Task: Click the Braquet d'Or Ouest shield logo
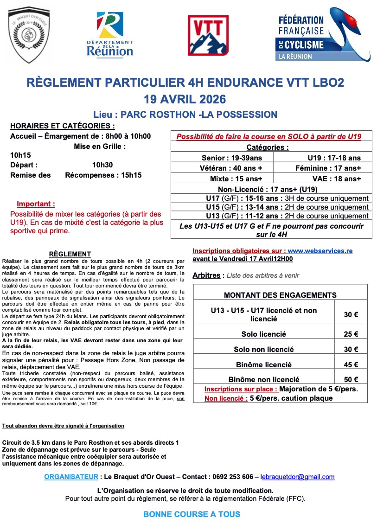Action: coord(30,37)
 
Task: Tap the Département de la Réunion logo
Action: coord(110,35)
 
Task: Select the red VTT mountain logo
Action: coord(208,35)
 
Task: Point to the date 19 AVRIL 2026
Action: coord(185,99)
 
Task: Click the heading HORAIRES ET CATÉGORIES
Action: coord(63,126)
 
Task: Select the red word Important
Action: coord(36,204)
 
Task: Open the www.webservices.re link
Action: coord(320,251)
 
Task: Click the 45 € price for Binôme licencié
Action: coord(351,364)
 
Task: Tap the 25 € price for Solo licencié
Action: coord(351,334)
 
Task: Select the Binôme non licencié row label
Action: coord(264,379)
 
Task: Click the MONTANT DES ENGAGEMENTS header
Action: coord(280,295)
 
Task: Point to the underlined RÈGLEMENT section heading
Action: coord(70,254)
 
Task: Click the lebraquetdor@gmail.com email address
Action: coord(297,477)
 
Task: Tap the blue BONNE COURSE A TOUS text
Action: coord(192,514)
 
